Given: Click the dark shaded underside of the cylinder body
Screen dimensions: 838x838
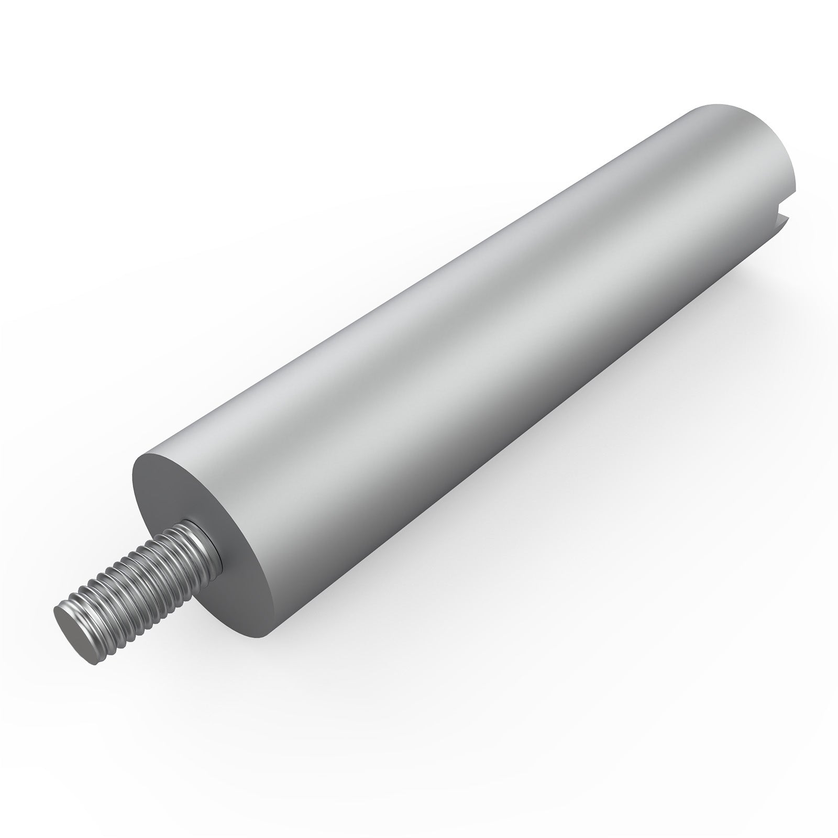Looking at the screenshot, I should tap(524, 419).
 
